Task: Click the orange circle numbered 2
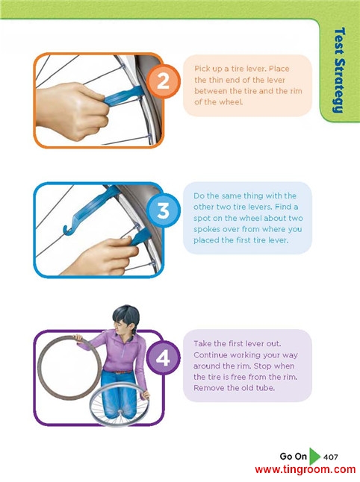[163, 81]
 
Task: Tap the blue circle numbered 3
[163, 210]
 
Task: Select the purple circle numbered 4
[163, 357]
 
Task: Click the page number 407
[330, 457]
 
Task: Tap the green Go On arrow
[314, 456]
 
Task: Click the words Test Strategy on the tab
[339, 70]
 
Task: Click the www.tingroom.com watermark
[305, 470]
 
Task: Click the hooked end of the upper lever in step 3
[68, 228]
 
